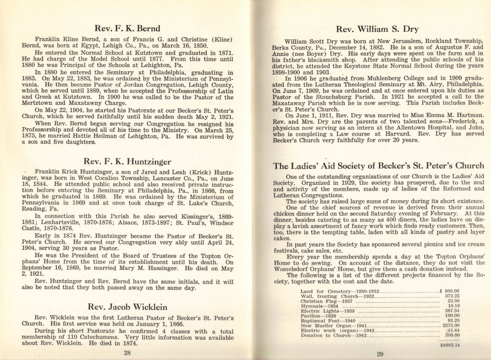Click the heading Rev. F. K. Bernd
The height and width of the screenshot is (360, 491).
point(127,28)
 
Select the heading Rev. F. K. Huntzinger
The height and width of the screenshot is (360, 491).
point(127,161)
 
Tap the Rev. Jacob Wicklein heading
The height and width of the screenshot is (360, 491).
point(127,306)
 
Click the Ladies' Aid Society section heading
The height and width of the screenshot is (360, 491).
point(379,166)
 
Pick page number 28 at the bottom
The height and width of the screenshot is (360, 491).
point(127,352)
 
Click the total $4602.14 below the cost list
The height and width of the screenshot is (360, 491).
point(450,345)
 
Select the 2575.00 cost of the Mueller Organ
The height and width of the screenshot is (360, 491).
point(451,326)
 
